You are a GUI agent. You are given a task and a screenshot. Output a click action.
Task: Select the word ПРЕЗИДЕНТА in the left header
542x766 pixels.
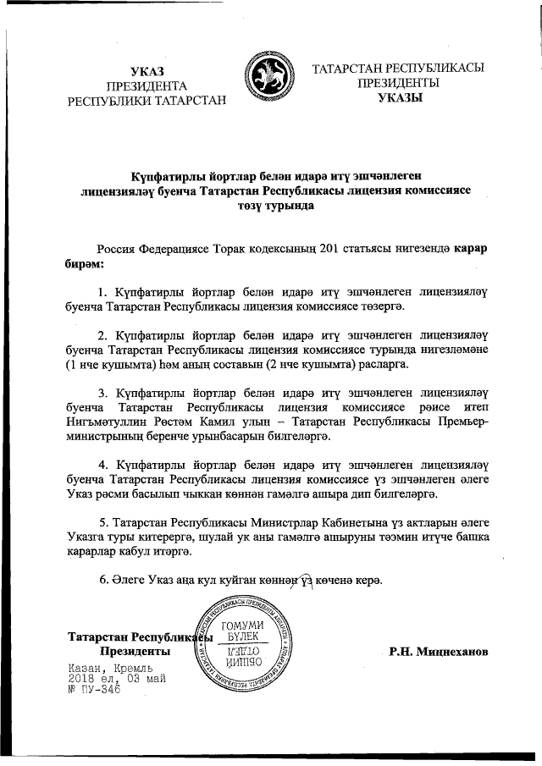(147, 85)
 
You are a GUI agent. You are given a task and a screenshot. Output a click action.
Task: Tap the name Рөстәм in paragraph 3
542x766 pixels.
(166, 424)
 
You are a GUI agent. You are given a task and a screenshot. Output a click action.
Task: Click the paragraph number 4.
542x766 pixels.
(103, 466)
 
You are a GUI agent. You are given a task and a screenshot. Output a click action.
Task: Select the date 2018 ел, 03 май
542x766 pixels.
(118, 679)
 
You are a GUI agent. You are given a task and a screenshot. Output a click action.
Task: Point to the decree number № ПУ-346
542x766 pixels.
(94, 690)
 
